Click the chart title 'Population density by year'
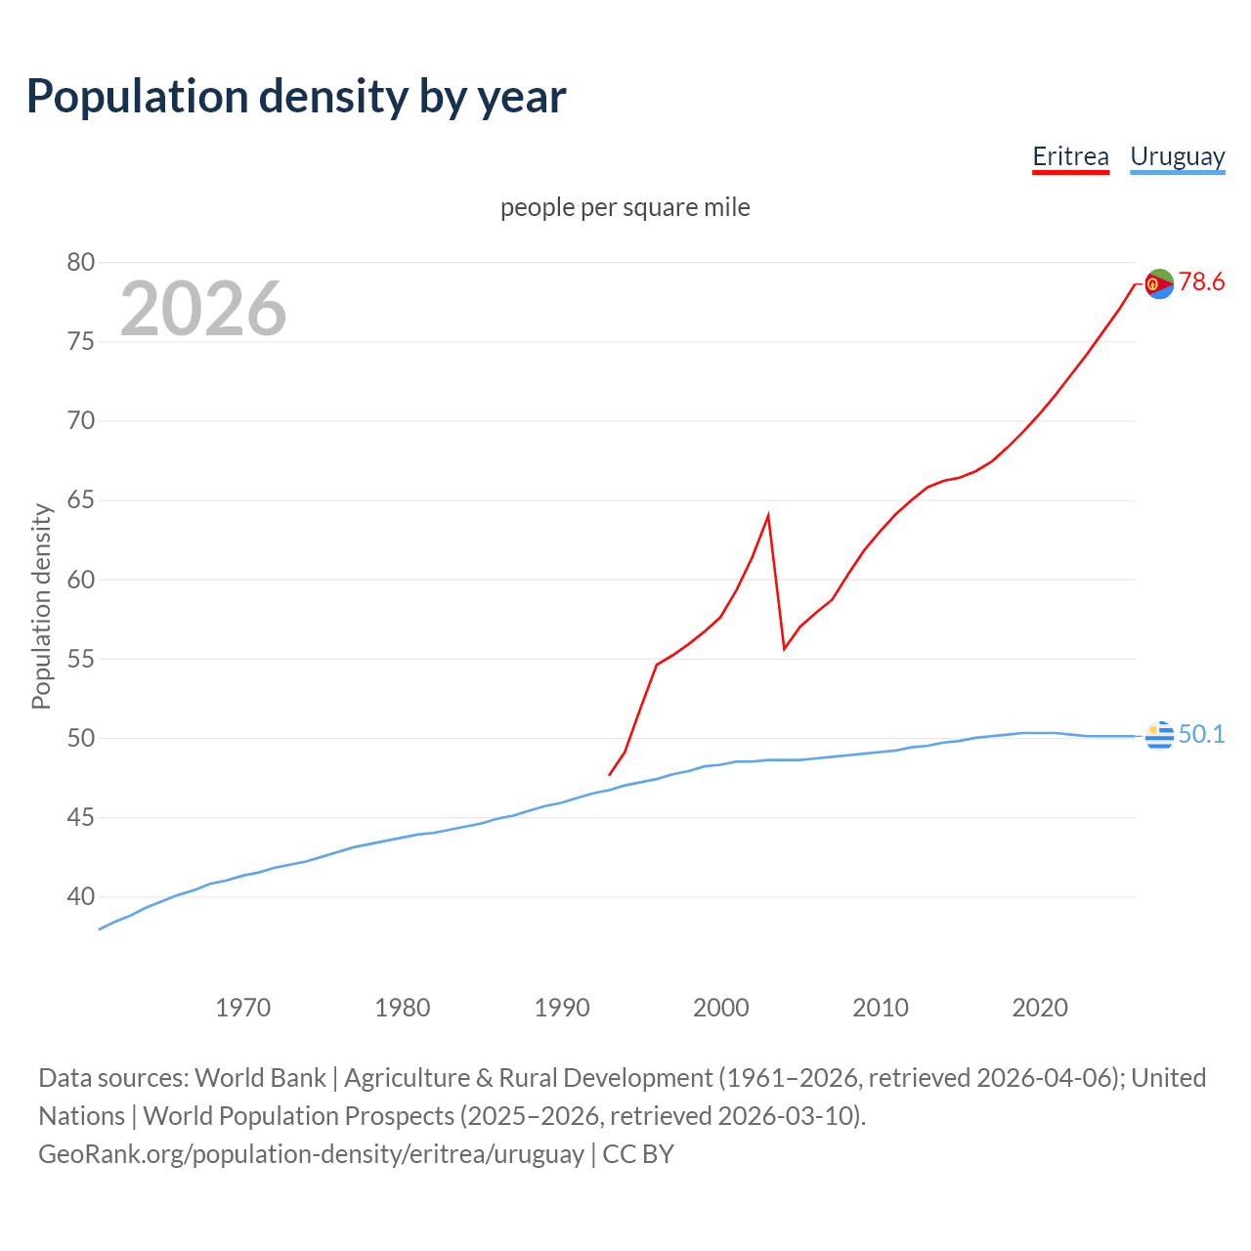[296, 96]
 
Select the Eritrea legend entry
[1070, 156]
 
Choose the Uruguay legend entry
[1177, 156]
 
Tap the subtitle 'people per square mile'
[625, 207]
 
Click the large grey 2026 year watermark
[203, 309]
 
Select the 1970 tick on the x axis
[242, 1008]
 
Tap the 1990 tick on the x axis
[562, 1008]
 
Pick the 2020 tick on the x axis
[1040, 1008]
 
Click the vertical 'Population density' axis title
[41, 606]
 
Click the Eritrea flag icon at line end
[1159, 283]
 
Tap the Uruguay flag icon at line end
[1159, 735]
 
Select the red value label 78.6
[1201, 281]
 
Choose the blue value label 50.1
[1201, 734]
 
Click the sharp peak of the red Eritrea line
[768, 515]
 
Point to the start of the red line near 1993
[610, 774]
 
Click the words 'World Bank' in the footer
[260, 1077]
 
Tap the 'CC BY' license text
[638, 1153]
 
